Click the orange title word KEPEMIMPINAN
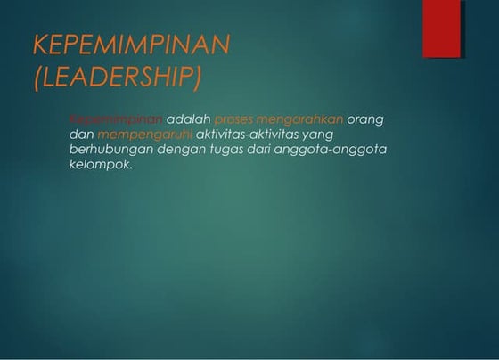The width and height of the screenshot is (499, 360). pos(131,45)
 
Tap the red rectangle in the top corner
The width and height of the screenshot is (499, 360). pos(442,29)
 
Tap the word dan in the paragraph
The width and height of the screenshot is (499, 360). pos(81,135)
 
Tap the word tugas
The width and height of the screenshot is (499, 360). pos(226,150)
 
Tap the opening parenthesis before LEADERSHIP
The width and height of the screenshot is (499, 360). pos(37,78)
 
